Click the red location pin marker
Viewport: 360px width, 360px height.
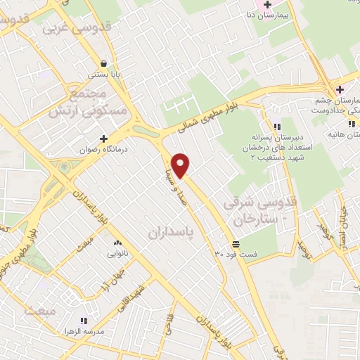pos(181,165)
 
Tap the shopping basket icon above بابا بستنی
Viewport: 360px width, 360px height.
pos(104,63)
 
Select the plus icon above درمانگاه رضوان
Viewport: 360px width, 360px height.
pos(103,139)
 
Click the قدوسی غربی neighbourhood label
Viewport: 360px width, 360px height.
pos(68,28)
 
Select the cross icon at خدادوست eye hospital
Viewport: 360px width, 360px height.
pos(340,89)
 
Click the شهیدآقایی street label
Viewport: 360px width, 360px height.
pos(133,296)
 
